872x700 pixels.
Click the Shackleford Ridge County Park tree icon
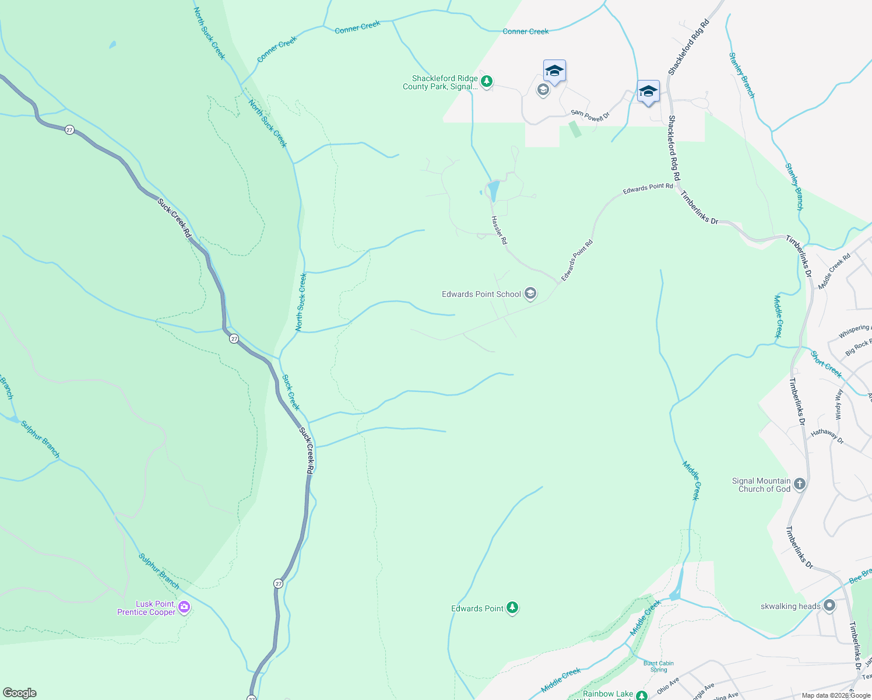[x=487, y=82]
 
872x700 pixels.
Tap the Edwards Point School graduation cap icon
[x=530, y=293]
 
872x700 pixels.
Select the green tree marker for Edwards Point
[x=512, y=608]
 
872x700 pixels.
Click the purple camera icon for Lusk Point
[x=184, y=608]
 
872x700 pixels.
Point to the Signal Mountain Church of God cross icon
[x=800, y=484]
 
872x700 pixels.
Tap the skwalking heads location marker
[x=829, y=606]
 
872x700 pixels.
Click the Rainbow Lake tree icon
[x=642, y=695]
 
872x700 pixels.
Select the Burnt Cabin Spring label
[x=659, y=666]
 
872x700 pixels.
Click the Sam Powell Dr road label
[x=590, y=116]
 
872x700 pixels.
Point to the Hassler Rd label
[x=499, y=230]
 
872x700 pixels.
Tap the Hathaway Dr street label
[x=827, y=436]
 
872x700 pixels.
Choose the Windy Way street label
[x=839, y=404]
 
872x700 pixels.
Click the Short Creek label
[x=826, y=365]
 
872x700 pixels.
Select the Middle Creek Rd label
[x=834, y=271]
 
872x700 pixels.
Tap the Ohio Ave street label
[x=668, y=685]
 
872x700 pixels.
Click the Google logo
[x=20, y=693]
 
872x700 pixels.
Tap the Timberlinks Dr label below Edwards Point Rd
[x=699, y=208]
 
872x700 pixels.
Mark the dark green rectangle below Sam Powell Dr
[x=575, y=129]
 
